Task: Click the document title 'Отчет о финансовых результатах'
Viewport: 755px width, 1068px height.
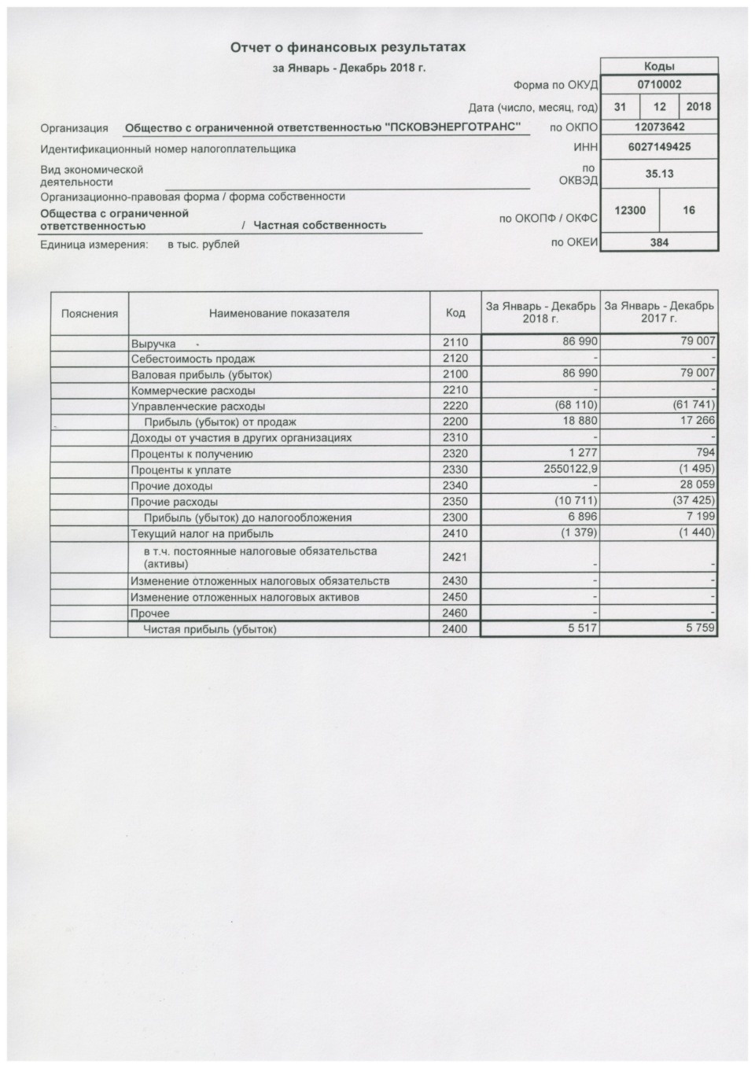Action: click(348, 48)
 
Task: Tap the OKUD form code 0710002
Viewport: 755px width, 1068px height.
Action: click(659, 85)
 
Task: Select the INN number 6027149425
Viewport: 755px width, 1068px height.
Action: click(659, 147)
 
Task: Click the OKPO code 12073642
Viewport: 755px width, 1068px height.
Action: click(659, 127)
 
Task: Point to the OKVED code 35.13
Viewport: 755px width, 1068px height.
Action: click(659, 174)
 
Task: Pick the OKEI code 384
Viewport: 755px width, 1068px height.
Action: click(659, 242)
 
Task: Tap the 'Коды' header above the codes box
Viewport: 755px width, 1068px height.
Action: click(659, 67)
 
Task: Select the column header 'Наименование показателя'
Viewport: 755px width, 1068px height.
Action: click(279, 313)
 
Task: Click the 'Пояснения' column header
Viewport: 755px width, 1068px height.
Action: click(90, 313)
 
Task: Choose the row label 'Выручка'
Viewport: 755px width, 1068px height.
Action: click(153, 344)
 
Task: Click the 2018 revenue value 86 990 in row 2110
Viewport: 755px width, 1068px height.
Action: click(580, 342)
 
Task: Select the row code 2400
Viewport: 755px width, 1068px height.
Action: click(455, 629)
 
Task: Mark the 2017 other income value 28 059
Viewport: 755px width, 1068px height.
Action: click(695, 484)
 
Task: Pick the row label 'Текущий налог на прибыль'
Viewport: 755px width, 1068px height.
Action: click(202, 533)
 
